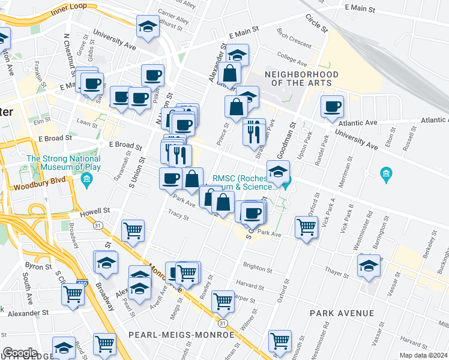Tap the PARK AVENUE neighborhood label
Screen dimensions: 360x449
click(342, 313)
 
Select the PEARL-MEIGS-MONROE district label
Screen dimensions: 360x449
click(181, 334)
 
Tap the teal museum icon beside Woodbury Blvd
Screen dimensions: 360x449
click(87, 179)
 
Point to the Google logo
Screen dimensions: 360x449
click(20, 352)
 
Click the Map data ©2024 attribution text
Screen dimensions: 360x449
click(424, 355)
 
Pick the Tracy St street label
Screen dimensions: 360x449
click(178, 213)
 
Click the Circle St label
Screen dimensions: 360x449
click(316, 23)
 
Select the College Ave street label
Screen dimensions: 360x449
click(292, 61)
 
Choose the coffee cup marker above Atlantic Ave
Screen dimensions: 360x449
click(332, 107)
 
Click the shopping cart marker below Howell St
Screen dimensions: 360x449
click(133, 230)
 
